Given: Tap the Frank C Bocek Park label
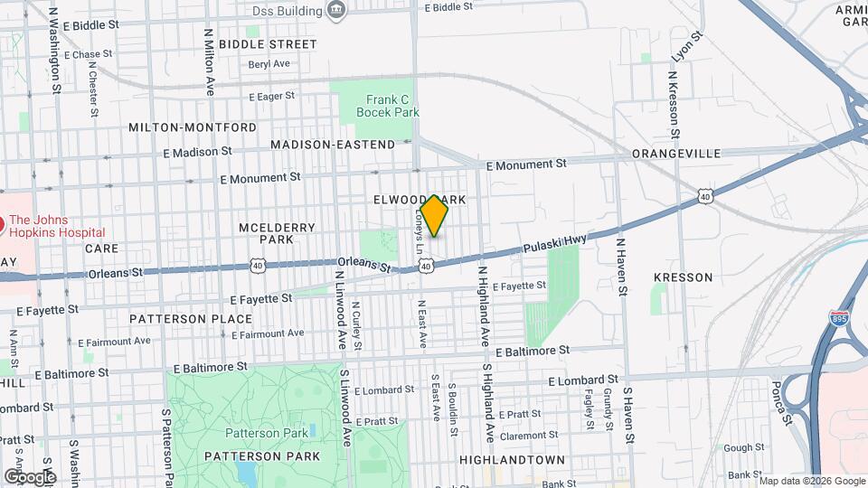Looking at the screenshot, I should pyautogui.click(x=388, y=106).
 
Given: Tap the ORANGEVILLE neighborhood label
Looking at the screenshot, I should pyautogui.click(x=676, y=154).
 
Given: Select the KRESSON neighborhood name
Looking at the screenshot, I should pyautogui.click(x=684, y=277).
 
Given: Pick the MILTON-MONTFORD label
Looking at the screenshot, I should pyautogui.click(x=180, y=127).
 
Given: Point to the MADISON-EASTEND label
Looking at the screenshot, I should pyautogui.click(x=333, y=145).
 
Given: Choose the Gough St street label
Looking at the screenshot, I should pyautogui.click(x=744, y=447).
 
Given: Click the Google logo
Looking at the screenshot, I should pyautogui.click(x=30, y=476).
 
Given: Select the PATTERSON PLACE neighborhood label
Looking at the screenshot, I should pyautogui.click(x=190, y=319).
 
